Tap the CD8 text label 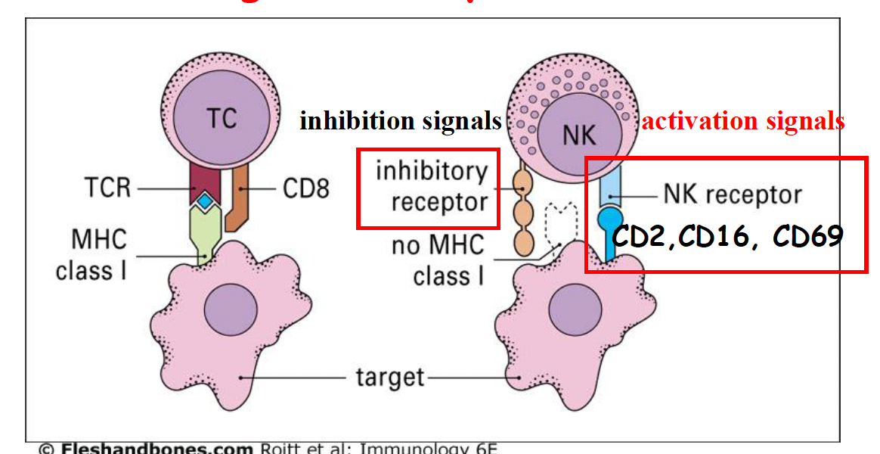click(x=306, y=188)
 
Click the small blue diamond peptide click(x=206, y=201)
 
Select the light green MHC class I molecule click(x=205, y=231)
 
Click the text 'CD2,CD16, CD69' click(x=727, y=237)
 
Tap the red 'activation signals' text click(x=743, y=120)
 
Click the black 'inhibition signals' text click(x=401, y=121)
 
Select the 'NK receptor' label click(x=732, y=194)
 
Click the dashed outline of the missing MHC click(x=556, y=224)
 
